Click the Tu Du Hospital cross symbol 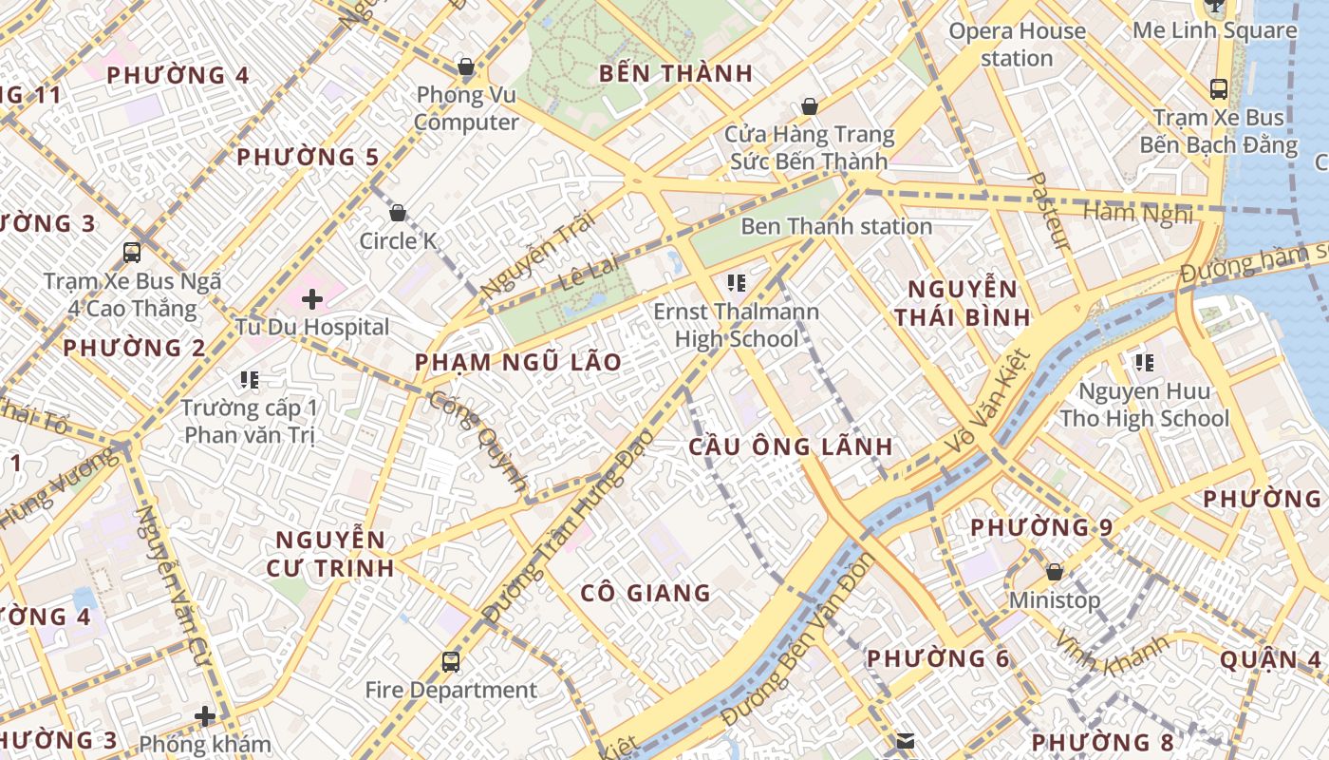(312, 300)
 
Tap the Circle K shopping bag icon (398, 213)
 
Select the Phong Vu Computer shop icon (466, 66)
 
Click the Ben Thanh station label (835, 226)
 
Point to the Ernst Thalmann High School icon (736, 282)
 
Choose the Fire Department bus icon (451, 661)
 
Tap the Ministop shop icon (1054, 572)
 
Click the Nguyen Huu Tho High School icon (1144, 362)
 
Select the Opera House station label (1017, 45)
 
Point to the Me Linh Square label (1214, 30)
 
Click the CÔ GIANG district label (646, 593)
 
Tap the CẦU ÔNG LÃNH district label (791, 446)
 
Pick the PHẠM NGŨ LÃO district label (518, 362)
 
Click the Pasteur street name (1050, 211)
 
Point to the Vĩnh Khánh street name (1114, 655)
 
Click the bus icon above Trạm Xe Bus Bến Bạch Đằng (1219, 89)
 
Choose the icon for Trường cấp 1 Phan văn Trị (250, 380)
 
